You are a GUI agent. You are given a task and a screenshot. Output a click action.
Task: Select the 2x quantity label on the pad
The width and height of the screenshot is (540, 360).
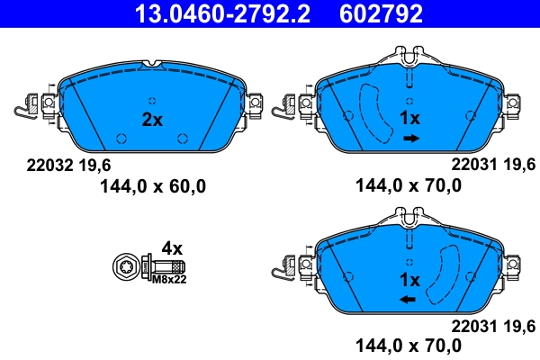point(151,119)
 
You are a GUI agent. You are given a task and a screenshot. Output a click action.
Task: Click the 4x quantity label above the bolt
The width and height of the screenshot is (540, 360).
point(171,247)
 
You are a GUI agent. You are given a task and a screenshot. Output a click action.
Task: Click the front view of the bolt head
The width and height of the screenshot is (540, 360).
point(127,267)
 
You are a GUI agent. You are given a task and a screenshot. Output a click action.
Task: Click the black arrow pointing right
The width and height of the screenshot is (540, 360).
point(410,138)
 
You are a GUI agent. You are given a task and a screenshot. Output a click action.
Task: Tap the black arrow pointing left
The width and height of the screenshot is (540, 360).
point(409,299)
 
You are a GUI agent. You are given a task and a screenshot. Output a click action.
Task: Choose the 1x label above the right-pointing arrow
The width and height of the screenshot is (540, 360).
point(410,119)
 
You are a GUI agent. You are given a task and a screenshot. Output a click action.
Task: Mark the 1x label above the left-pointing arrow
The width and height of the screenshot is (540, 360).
point(410,279)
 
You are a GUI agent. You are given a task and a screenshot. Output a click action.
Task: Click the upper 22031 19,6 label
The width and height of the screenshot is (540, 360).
point(493,165)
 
